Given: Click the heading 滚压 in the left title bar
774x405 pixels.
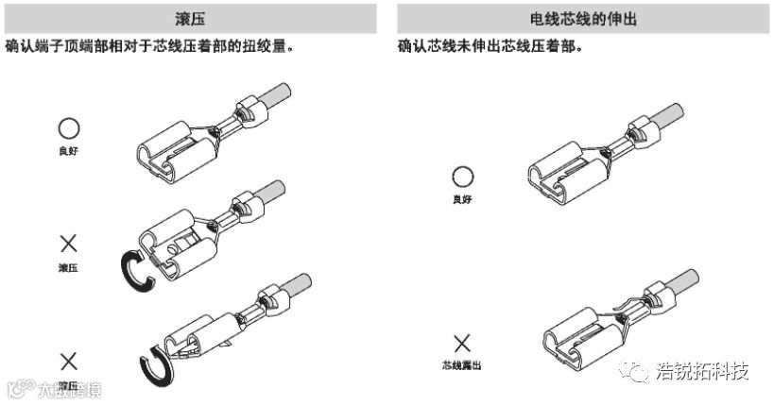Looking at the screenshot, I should [x=192, y=18].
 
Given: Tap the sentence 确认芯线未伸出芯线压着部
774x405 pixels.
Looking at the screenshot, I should [x=489, y=45].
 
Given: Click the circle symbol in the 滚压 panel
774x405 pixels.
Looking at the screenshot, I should [x=69, y=128].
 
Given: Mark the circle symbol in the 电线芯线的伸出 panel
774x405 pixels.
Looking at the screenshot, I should [x=461, y=177].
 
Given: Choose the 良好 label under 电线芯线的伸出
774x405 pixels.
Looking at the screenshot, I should [x=461, y=199].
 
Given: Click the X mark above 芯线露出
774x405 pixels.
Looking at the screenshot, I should [x=461, y=343].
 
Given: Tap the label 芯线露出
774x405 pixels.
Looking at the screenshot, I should [x=461, y=364].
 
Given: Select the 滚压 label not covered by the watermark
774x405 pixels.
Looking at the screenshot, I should [x=68, y=268].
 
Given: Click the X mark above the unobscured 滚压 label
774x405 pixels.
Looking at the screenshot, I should [x=68, y=245].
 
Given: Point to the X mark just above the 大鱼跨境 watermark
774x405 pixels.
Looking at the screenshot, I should [x=68, y=360].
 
